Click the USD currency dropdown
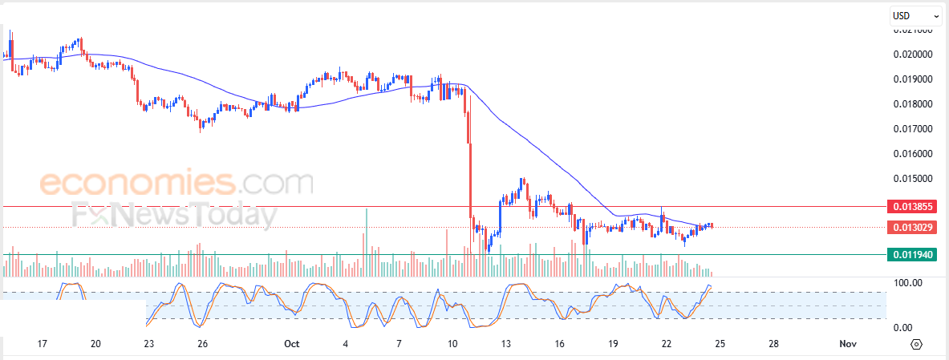916,15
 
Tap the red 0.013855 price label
912,207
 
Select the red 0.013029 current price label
912,228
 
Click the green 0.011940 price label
912,255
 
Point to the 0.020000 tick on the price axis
913,55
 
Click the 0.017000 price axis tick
913,129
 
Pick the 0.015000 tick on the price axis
913,179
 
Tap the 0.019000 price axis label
913,79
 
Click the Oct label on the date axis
291,344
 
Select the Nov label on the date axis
848,344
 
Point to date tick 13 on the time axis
506,344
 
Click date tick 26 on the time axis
202,344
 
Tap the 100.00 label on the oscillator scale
909,283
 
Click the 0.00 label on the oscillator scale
904,327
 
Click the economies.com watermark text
176,184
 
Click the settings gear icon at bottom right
917,345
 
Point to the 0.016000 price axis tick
913,154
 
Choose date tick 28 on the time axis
773,344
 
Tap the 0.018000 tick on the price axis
913,104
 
